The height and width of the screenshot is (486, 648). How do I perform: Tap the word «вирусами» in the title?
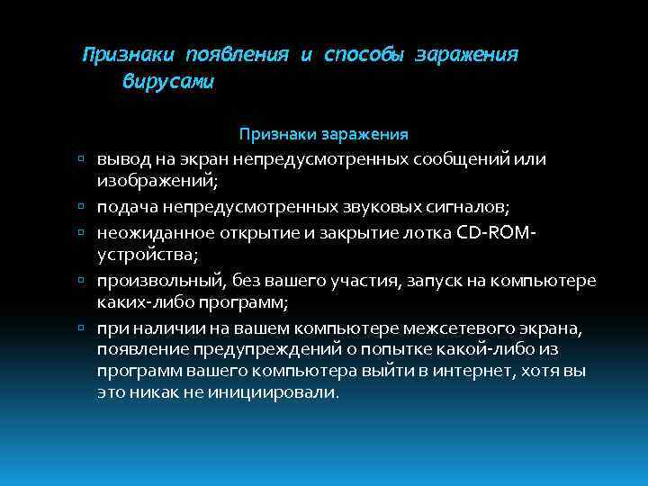tap(168, 82)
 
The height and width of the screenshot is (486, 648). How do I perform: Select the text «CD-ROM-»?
tap(498, 232)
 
